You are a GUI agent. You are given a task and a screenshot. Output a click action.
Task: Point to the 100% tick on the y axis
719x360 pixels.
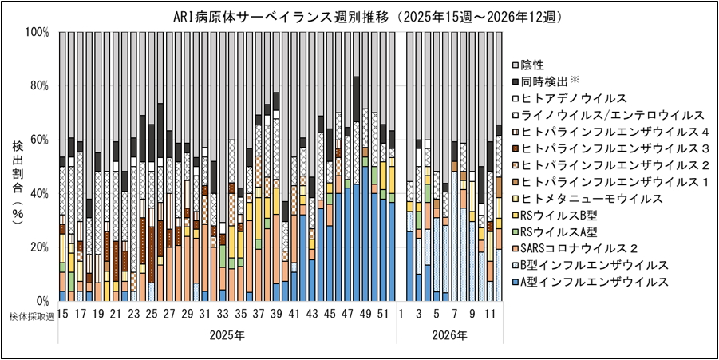click(37, 33)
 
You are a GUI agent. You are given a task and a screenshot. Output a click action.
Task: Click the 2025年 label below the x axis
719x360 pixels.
click(227, 335)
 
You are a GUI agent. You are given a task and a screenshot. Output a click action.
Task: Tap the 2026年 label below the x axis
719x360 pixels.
click(451, 335)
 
